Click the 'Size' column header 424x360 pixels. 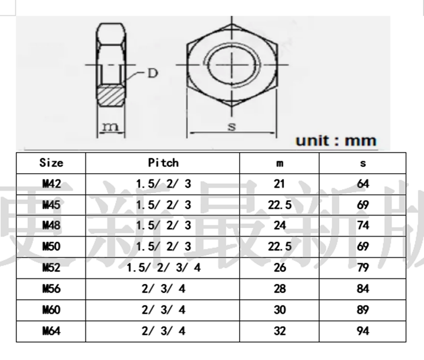pyautogui.click(x=51, y=163)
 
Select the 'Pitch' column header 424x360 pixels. pyautogui.click(x=163, y=163)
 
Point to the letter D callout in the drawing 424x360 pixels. pyautogui.click(x=152, y=73)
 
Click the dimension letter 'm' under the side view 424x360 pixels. pyautogui.click(x=110, y=127)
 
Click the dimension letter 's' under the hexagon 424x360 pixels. pyautogui.click(x=232, y=126)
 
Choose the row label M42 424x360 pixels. pyautogui.click(x=51, y=184)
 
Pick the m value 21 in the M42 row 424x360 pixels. pyautogui.click(x=280, y=184)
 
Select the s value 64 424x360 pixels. pyautogui.click(x=363, y=184)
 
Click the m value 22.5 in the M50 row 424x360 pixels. pyautogui.click(x=280, y=247)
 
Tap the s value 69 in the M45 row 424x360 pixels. pyautogui.click(x=363, y=205)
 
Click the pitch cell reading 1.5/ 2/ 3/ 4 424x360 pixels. pyautogui.click(x=163, y=268)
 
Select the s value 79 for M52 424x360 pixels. pyautogui.click(x=363, y=268)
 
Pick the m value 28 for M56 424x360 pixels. pyautogui.click(x=280, y=289)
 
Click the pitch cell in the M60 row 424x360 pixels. pyautogui.click(x=163, y=310)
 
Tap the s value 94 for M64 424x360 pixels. pyautogui.click(x=363, y=331)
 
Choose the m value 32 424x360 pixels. pyautogui.click(x=280, y=331)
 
